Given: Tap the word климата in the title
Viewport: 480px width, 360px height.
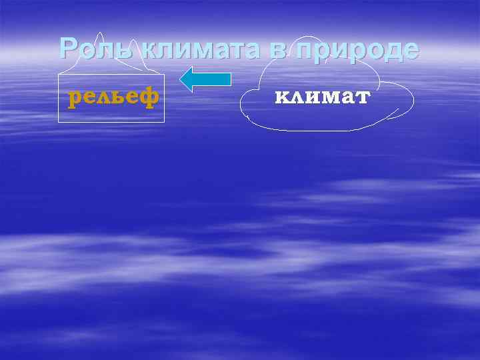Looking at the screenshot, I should pyautogui.click(x=194, y=49).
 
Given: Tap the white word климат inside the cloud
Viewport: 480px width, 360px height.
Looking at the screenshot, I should pyautogui.click(x=322, y=97).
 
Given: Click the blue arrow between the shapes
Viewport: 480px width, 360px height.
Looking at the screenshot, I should pyautogui.click(x=205, y=79).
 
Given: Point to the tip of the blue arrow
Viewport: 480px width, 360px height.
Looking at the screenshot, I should pyautogui.click(x=182, y=79).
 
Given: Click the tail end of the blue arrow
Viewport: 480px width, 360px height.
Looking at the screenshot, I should pyautogui.click(x=229, y=79).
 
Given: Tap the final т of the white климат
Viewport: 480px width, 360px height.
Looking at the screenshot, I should pyautogui.click(x=362, y=98).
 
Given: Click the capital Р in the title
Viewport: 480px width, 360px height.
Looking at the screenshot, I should pyautogui.click(x=69, y=49).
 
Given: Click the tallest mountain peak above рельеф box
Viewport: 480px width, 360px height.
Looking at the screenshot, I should pyautogui.click(x=99, y=33).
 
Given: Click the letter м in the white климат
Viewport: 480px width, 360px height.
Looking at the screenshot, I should pyautogui.click(x=323, y=98).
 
